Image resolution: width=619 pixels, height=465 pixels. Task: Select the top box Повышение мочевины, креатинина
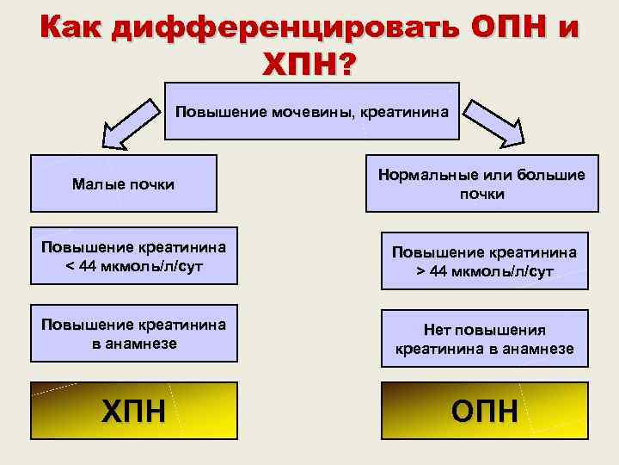(x=311, y=111)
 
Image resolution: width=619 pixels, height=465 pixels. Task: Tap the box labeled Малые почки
(x=123, y=183)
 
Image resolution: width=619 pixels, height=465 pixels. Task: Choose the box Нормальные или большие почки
(x=481, y=184)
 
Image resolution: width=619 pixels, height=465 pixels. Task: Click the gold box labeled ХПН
(x=134, y=411)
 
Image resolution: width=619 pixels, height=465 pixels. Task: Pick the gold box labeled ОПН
(x=485, y=411)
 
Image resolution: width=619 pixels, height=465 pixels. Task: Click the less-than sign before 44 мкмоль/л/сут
(x=70, y=265)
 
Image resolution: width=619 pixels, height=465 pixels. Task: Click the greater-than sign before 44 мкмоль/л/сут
(x=422, y=272)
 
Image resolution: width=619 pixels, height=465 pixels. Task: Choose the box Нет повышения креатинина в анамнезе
(x=485, y=339)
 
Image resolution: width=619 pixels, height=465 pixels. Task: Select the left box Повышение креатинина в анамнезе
(x=134, y=333)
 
